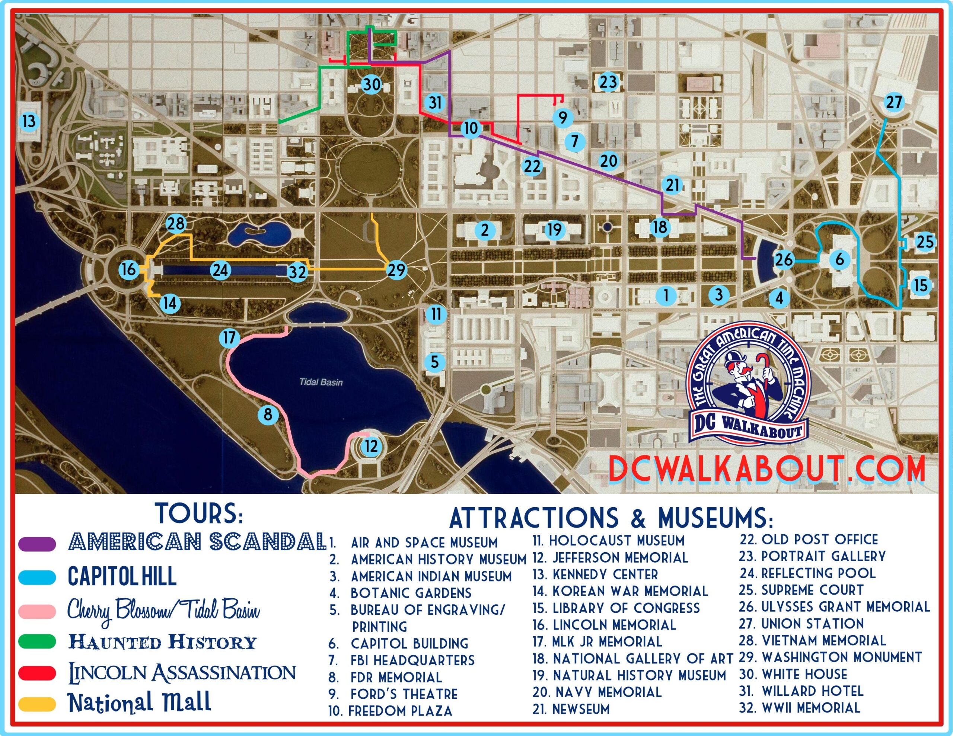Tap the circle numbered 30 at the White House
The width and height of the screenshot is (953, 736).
pos(372,84)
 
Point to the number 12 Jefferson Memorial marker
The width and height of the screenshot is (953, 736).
pos(371,446)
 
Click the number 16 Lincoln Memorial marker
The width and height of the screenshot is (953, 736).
pos(128,269)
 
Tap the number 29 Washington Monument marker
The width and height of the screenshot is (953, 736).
pos(396,270)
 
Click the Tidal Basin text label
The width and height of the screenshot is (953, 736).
pos(321,382)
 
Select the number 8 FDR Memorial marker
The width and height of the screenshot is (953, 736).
pos(268,414)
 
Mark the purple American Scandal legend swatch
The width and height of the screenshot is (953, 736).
pos(38,544)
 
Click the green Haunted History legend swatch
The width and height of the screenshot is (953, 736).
pos(38,641)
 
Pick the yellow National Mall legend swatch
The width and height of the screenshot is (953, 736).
pos(38,704)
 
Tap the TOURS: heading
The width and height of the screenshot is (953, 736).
pos(199,514)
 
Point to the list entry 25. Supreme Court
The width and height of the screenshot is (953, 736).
pos(801,590)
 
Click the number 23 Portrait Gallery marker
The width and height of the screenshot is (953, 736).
pos(608,81)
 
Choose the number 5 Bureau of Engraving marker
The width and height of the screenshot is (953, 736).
pos(434,362)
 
